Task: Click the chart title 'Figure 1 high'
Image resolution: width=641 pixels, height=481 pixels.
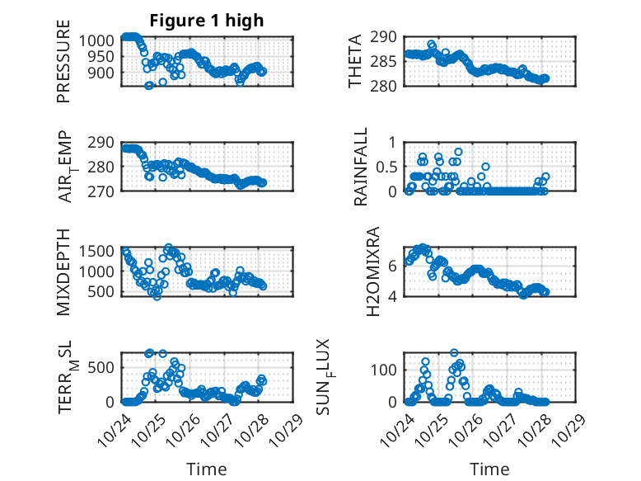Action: [x=206, y=21]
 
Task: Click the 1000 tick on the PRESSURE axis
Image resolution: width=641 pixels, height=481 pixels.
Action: [x=100, y=40]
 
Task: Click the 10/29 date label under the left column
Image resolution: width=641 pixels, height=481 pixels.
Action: [x=284, y=426]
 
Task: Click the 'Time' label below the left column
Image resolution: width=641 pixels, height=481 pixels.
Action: [x=206, y=469]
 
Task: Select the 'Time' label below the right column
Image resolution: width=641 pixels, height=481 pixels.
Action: [x=489, y=469]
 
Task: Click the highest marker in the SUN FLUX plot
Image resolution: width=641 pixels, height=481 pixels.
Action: [x=454, y=353]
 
